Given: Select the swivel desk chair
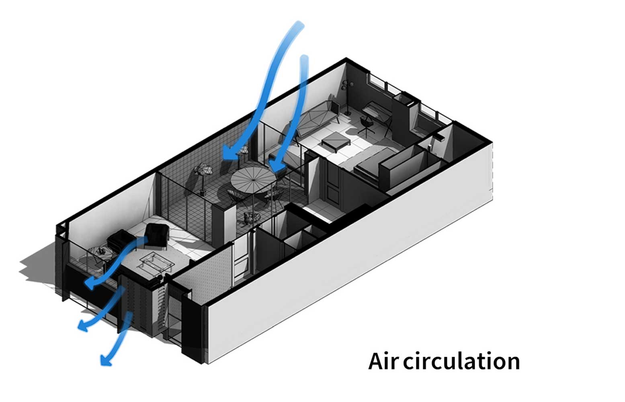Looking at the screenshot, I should (367, 123).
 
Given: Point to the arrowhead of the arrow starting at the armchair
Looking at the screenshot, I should (89, 284).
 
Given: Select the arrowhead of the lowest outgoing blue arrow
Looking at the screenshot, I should (105, 360).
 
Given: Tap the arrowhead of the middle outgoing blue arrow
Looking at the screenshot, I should (82, 326).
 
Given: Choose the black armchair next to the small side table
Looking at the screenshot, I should (117, 241).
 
